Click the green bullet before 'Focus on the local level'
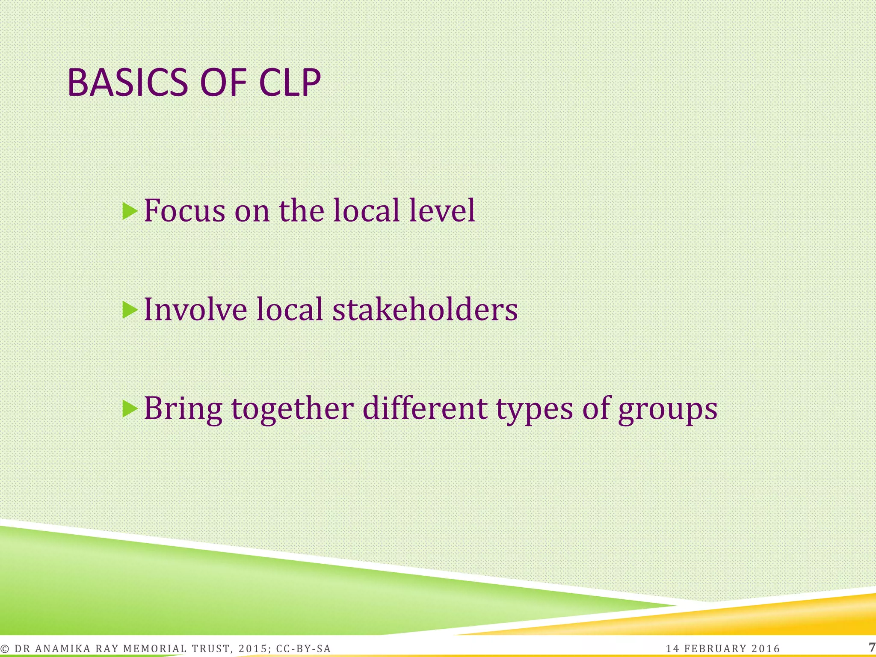130,211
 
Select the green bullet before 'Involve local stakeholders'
130,310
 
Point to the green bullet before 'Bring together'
130,409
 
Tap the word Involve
195,309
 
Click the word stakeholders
425,309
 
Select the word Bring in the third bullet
183,409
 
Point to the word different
425,408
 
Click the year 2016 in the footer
766,649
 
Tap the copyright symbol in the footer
5,649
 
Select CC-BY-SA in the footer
304,649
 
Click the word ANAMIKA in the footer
62,649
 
